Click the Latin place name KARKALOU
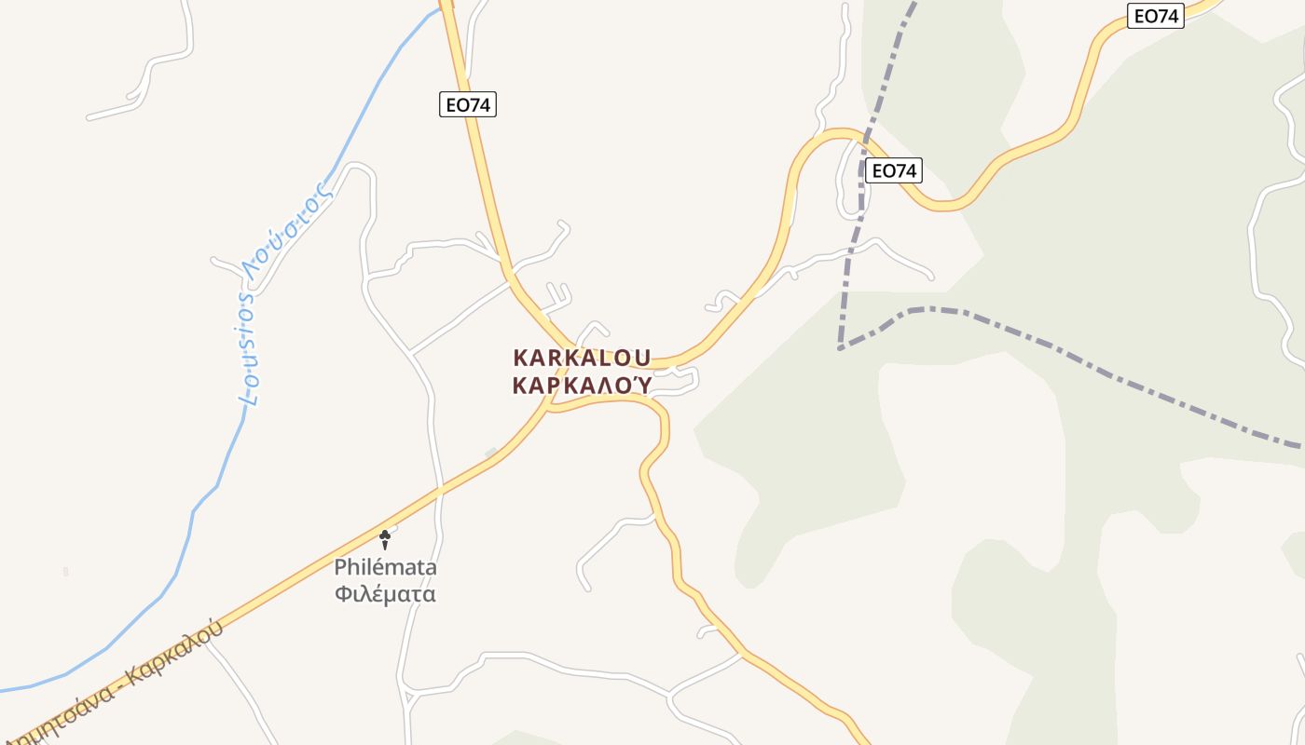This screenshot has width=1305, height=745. tap(582, 359)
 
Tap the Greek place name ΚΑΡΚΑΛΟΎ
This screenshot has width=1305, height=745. tap(582, 386)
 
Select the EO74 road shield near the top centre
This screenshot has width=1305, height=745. tap(468, 104)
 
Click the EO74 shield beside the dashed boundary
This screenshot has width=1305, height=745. tap(893, 170)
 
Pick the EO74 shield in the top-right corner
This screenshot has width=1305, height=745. tap(1155, 16)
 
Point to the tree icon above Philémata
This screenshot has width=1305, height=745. tap(384, 537)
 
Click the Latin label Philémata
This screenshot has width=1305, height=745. tap(385, 567)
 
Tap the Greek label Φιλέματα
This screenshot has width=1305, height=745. tap(385, 593)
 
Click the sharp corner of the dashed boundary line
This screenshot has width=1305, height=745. tap(841, 348)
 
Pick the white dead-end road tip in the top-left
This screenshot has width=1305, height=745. tap(89, 117)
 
